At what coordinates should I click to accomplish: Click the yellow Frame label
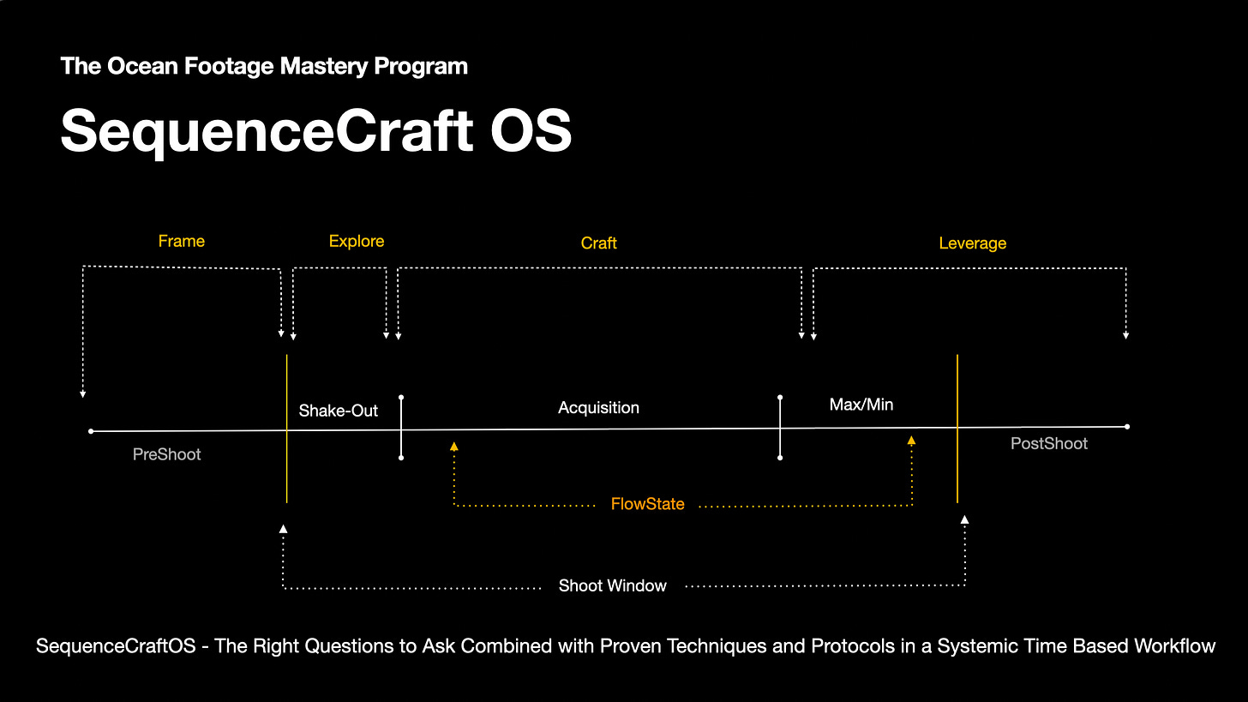tap(182, 241)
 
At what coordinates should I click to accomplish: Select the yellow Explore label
tap(357, 241)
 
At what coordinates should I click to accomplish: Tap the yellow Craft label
tap(598, 243)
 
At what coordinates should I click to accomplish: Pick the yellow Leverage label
tap(972, 243)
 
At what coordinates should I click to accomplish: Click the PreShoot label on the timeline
tap(167, 454)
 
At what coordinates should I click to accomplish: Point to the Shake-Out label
tap(338, 411)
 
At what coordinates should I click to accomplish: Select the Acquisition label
tap(598, 407)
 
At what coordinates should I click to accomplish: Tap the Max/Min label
tap(861, 404)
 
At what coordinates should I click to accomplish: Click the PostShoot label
tap(1049, 443)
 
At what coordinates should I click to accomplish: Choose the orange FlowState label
tap(647, 504)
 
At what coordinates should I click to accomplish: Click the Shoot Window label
tap(612, 585)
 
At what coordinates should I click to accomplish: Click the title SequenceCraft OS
tap(315, 130)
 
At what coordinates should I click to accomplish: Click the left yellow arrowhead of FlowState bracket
tap(454, 446)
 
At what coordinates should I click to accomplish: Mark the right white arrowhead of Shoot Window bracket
tap(965, 519)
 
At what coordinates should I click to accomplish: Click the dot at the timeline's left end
tap(91, 431)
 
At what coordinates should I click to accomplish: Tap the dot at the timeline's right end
tap(1127, 426)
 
